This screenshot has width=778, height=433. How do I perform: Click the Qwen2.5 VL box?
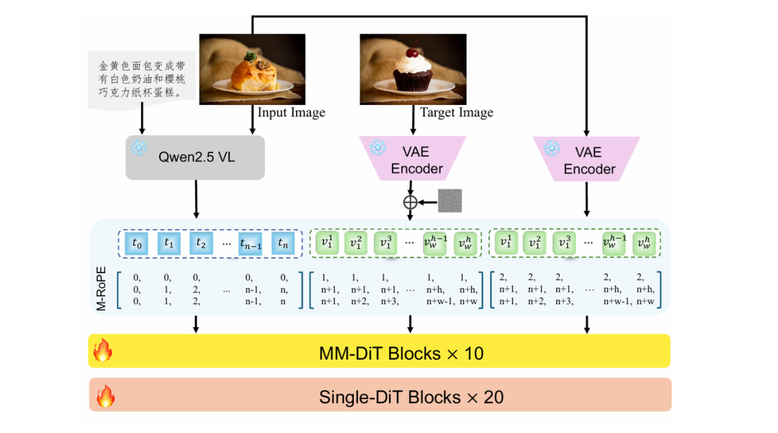pos(195,157)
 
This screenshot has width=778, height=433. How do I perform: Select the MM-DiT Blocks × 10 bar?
pos(380,352)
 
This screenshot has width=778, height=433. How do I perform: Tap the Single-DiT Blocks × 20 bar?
pos(380,396)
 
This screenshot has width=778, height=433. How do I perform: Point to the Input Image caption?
pos(291,113)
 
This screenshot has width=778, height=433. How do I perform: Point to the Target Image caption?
pos(457,113)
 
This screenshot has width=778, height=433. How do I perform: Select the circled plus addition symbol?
pos(410,202)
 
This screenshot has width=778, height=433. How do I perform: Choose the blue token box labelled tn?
pos(283,243)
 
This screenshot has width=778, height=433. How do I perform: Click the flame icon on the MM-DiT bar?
pos(104,351)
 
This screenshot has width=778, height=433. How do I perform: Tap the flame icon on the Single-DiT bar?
pos(105,396)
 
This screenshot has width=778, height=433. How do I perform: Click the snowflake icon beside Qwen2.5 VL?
pos(137,149)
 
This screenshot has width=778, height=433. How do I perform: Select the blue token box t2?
pos(202,243)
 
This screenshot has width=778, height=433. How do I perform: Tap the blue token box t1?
pos(169,243)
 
